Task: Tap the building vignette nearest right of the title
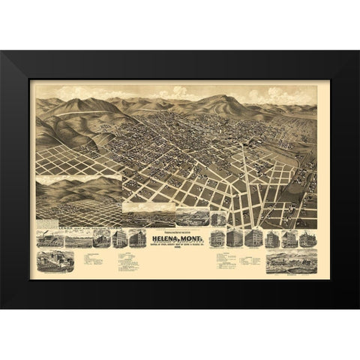pos(217,239)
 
